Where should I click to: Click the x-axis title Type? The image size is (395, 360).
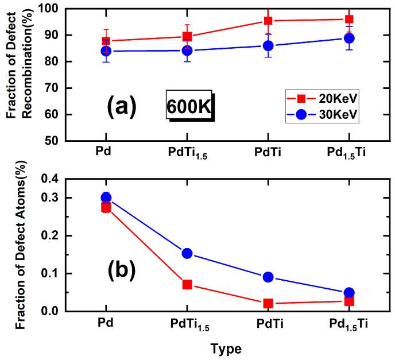[226, 348]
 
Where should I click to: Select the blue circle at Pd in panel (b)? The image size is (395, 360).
[106, 198]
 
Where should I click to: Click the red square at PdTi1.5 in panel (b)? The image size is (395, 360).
[187, 284]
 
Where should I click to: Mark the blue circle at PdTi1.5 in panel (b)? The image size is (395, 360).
[187, 253]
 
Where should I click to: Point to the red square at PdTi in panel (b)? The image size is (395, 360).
[268, 303]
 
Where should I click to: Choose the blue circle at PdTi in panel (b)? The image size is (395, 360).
[268, 277]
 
